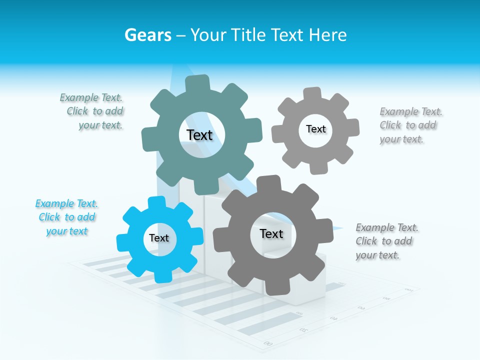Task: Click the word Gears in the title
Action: [147, 35]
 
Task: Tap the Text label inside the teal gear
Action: [199, 135]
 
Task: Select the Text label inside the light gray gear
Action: [315, 129]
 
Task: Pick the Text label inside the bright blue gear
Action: [159, 238]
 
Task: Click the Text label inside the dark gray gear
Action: [271, 233]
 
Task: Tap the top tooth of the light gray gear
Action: [312, 94]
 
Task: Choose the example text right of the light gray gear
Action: [410, 125]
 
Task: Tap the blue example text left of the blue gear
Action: [67, 217]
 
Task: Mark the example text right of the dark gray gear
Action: [386, 241]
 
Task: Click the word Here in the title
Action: [328, 35]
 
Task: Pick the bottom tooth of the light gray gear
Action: [318, 167]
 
